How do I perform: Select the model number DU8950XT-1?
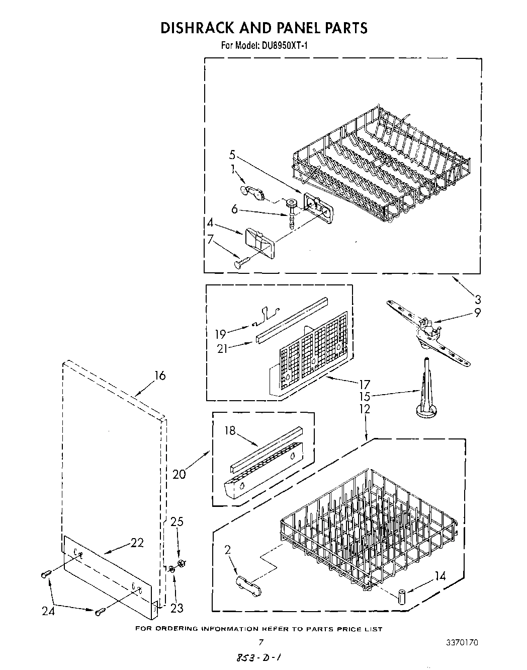283,46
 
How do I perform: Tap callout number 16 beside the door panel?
159,376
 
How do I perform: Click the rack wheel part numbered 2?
248,584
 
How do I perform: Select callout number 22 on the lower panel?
137,543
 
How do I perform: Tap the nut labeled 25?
182,562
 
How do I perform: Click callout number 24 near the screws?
48,612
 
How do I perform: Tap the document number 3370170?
461,642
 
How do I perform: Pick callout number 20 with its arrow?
179,474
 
